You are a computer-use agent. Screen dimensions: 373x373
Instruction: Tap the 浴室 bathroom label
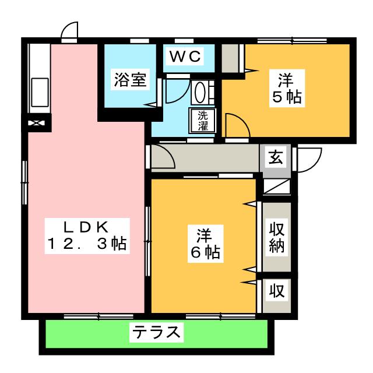[x=129, y=80]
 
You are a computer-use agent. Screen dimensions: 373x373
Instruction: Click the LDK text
[x=87, y=227]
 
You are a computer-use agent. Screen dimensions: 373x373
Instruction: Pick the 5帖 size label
[x=285, y=97]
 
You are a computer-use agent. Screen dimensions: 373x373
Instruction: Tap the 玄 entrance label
[x=276, y=157]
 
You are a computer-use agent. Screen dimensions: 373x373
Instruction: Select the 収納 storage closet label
[x=276, y=236]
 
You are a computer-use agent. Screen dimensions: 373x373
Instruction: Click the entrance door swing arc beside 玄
[x=309, y=158]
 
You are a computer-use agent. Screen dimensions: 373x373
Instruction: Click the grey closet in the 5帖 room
[x=231, y=58]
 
